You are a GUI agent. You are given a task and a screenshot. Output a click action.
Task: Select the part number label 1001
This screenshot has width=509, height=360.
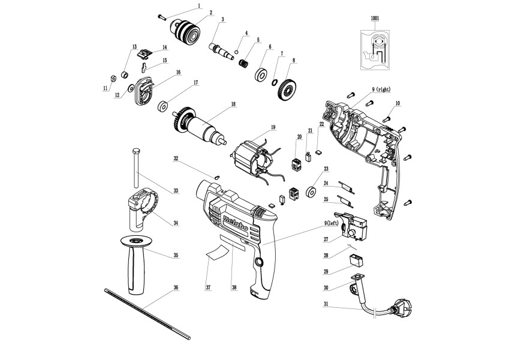pos(375,19)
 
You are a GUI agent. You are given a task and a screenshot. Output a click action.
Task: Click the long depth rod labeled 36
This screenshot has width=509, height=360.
pos(147,313)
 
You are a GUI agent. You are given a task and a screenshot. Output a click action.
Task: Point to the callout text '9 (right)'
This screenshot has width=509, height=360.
pos(381,89)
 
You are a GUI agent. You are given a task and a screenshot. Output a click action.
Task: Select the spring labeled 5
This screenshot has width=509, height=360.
pos(244,62)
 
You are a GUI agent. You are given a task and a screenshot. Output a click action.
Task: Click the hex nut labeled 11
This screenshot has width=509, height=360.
pos(111,78)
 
